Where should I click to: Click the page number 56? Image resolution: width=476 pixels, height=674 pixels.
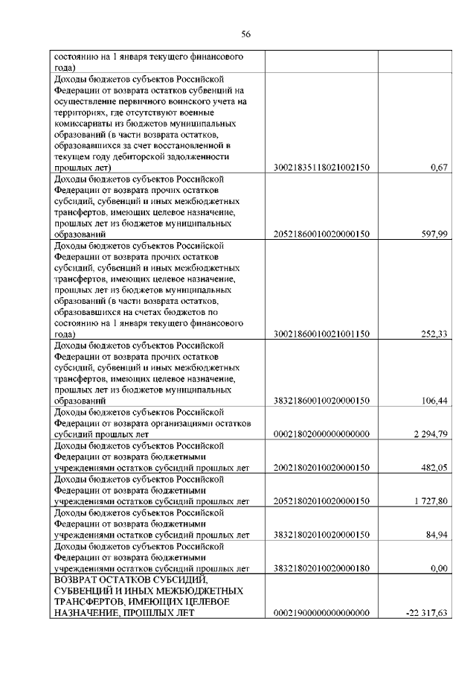(x=246, y=34)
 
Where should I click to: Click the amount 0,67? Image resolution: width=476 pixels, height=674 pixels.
(x=438, y=169)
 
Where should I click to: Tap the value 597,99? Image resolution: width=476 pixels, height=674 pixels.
(x=434, y=235)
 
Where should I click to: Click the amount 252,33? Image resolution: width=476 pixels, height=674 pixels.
(x=434, y=334)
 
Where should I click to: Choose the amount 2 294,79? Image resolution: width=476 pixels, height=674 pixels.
(x=429, y=434)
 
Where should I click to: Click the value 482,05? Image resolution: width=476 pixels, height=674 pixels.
(x=434, y=468)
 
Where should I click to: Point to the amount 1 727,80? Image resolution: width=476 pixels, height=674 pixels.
(x=429, y=501)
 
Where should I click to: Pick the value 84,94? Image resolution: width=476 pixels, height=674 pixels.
(x=436, y=535)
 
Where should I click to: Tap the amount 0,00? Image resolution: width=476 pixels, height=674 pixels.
(x=438, y=568)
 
